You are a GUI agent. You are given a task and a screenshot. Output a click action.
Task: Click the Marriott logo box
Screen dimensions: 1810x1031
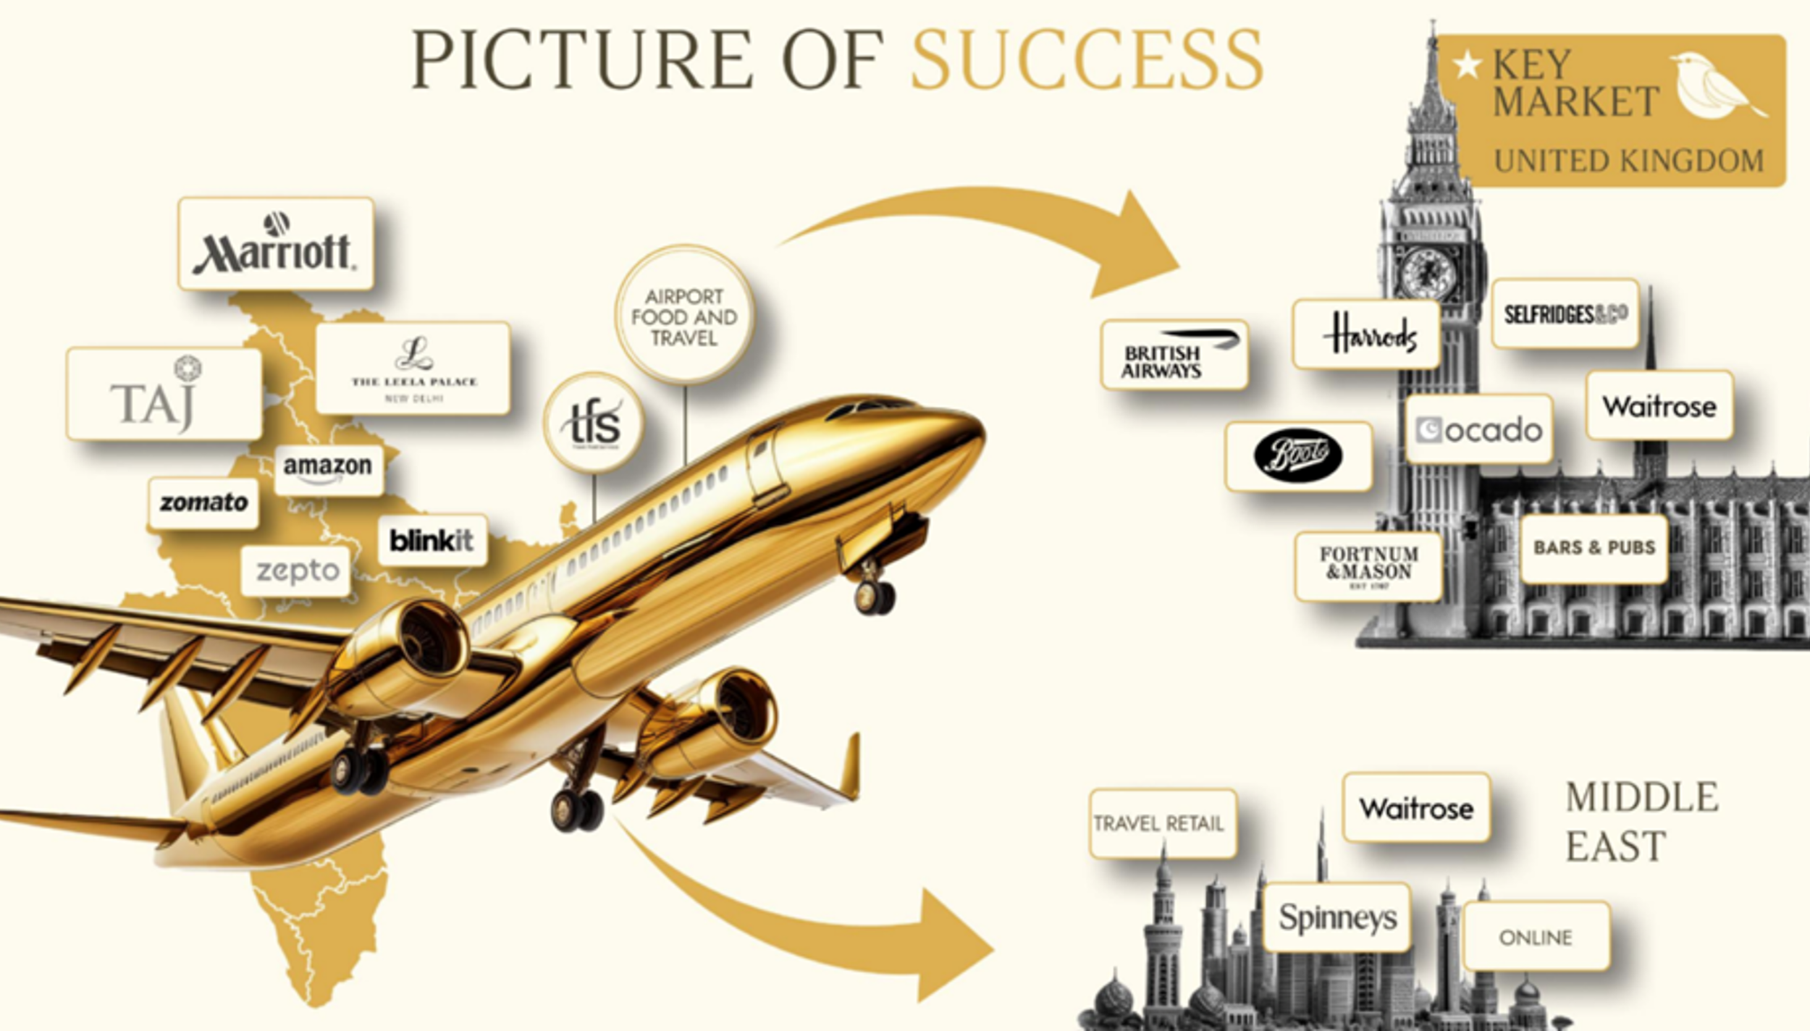click(276, 245)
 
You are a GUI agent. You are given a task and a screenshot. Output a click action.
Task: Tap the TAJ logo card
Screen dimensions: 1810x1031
click(164, 395)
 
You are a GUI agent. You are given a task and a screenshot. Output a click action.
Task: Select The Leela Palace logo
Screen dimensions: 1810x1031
click(413, 369)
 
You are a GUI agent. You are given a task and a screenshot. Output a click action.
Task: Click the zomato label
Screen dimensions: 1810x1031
click(203, 502)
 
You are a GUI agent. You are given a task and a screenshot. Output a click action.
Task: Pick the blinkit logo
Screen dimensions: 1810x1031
click(432, 540)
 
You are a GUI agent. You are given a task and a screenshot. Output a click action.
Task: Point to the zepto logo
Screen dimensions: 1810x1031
click(297, 571)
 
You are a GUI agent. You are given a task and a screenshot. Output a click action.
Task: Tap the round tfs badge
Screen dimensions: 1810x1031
click(594, 424)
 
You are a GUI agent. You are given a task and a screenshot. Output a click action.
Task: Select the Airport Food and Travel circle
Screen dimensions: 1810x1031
click(684, 316)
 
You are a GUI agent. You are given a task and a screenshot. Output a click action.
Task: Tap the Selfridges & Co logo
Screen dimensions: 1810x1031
click(1565, 314)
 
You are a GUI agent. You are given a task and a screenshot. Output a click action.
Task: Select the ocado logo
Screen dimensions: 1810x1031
click(1479, 430)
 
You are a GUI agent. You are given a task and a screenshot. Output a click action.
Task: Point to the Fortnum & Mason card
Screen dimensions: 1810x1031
click(1368, 567)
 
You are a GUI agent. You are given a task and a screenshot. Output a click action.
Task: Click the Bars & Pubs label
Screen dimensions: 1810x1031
click(1594, 548)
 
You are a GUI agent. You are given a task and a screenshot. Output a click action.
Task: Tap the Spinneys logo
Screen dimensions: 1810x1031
click(1337, 918)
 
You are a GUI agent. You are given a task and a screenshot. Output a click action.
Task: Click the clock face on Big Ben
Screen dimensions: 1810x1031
click(1427, 274)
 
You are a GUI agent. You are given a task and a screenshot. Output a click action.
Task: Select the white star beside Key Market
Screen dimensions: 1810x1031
click(1468, 65)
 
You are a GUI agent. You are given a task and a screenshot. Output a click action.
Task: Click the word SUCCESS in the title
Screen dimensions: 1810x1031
click(1087, 60)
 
